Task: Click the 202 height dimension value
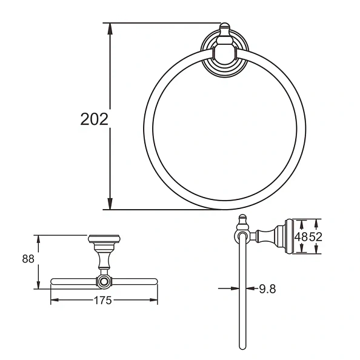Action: click(x=95, y=119)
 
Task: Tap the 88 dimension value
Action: click(x=28, y=259)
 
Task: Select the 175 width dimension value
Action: click(x=104, y=301)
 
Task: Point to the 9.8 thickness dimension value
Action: click(x=267, y=289)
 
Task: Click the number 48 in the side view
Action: click(x=301, y=238)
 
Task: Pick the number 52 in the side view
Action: click(x=315, y=238)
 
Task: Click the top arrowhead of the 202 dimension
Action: click(x=110, y=28)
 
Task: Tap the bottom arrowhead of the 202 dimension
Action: click(x=110, y=205)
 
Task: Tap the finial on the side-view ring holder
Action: click(x=241, y=221)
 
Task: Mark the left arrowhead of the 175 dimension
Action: click(x=53, y=301)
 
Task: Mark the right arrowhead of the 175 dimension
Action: click(x=155, y=301)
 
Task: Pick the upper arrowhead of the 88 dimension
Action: click(x=38, y=239)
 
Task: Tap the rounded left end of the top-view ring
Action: click(x=53, y=282)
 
